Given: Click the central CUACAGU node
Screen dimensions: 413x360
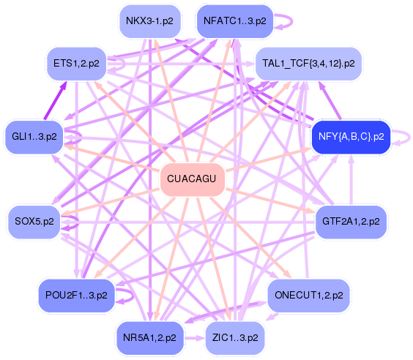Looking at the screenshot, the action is [193, 179].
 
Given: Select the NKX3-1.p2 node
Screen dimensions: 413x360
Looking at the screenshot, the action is [150, 21].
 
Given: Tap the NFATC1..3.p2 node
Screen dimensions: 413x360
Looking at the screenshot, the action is [235, 21].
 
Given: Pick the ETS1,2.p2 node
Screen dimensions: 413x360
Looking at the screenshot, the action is [76, 64].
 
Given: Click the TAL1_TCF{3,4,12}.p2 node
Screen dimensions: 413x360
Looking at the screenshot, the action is [308, 64].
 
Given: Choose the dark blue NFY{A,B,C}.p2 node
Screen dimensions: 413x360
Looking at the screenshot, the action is [351, 137].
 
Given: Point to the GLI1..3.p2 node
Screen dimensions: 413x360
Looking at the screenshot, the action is [34, 137].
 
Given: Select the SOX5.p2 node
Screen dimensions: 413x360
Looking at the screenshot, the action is [34, 222].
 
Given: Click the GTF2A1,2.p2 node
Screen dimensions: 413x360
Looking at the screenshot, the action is [351, 222].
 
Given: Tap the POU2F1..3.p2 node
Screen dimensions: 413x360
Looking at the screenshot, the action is [76, 296].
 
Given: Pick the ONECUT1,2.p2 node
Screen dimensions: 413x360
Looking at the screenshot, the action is [309, 296].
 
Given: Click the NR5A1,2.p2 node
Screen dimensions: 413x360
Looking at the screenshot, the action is [149, 338].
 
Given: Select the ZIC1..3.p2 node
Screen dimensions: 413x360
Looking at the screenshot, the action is [235, 338].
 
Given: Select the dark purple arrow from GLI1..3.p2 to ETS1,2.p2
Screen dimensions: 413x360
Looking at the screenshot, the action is [56, 100].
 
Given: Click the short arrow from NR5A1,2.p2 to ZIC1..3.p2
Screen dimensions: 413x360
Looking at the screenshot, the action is [194, 338].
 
